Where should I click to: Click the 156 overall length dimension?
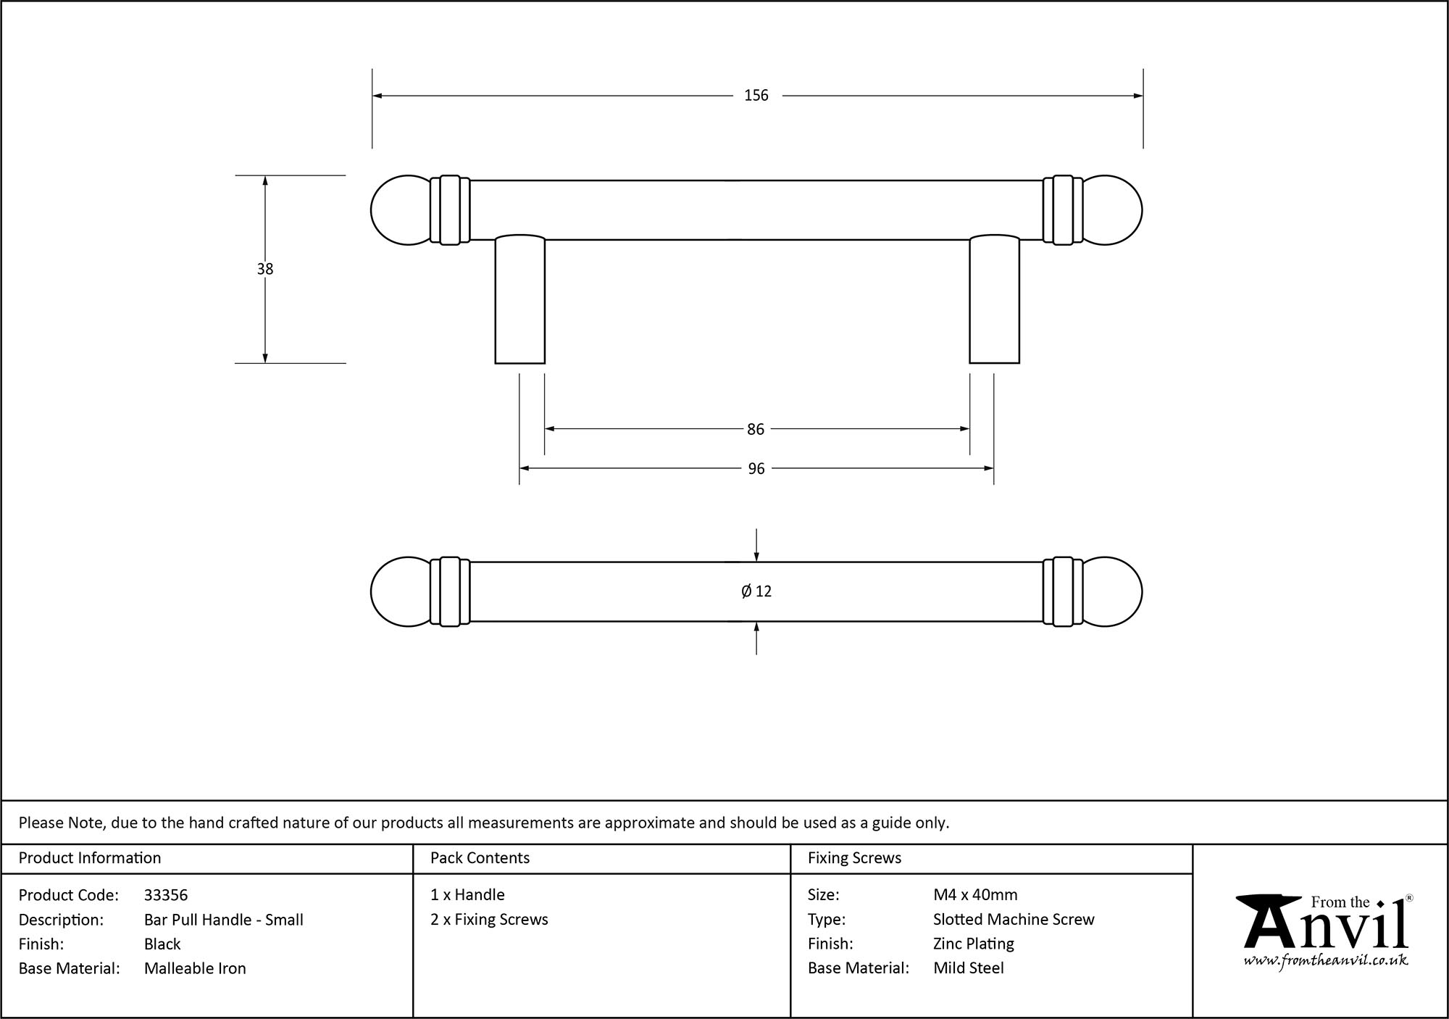click(x=756, y=96)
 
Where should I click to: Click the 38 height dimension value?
click(x=265, y=269)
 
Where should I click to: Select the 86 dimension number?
click(x=756, y=430)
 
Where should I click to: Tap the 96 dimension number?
click(x=756, y=469)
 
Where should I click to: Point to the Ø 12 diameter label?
click(x=756, y=591)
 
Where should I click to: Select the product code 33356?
click(x=166, y=895)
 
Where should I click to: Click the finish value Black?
click(x=162, y=944)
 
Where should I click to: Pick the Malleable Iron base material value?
click(x=195, y=968)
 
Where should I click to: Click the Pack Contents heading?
click(x=480, y=858)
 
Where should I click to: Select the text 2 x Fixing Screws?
click(x=489, y=919)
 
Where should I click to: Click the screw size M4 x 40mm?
click(x=975, y=895)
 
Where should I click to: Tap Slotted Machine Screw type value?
click(x=1014, y=919)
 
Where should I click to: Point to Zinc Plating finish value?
click(x=973, y=944)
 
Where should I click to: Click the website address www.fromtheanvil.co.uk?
click(x=1326, y=961)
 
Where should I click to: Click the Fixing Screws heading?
click(x=854, y=858)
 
